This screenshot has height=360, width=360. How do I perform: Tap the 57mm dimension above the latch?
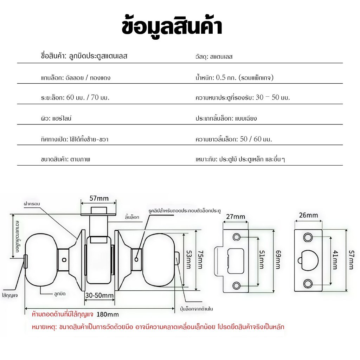tap(99, 198)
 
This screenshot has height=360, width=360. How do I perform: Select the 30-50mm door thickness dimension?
tap(99, 295)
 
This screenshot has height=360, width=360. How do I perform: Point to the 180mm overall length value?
tap(108, 314)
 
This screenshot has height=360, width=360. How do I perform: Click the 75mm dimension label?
tap(200, 260)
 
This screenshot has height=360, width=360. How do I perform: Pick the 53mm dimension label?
tap(188, 259)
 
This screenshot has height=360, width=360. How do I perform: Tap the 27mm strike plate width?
tap(236, 217)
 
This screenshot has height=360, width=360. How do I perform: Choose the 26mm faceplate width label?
tap(308, 215)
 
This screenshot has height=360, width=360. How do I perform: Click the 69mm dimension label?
tap(278, 260)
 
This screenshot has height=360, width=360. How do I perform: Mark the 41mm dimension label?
tap(335, 260)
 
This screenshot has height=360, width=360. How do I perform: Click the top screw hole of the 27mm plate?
tap(237, 237)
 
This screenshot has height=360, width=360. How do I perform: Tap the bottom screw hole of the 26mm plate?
tap(308, 284)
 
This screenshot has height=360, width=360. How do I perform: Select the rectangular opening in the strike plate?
tap(236, 261)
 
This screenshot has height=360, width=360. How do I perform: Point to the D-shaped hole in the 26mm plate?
tap(308, 261)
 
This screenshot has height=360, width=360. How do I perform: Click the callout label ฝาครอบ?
tap(32, 204)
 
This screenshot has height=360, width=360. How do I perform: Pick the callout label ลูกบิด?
tap(60, 294)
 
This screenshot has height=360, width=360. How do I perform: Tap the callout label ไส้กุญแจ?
tap(10, 295)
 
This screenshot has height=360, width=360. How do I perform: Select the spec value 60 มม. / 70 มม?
tap(88, 97)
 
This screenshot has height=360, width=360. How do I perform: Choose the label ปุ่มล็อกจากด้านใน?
tap(196, 309)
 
